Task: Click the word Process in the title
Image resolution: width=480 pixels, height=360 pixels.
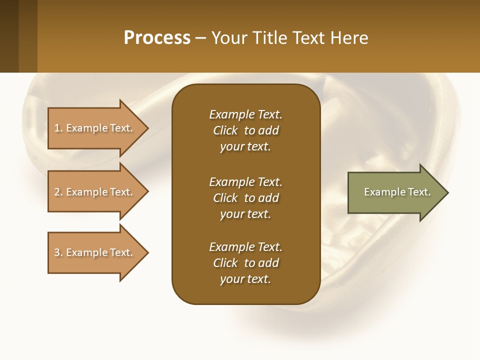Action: [157, 37]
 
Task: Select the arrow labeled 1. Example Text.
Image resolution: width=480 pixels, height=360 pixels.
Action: [94, 128]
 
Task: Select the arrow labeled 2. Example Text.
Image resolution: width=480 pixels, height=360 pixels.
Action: [94, 192]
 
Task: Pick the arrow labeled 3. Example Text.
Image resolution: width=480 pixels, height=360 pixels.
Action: [94, 252]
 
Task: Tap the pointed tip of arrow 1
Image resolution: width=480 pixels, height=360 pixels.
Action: [146, 128]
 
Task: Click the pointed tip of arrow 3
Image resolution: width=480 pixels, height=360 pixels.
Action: [146, 252]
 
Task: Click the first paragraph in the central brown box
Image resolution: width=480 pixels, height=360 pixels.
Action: [245, 130]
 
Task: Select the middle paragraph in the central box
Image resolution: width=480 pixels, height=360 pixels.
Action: [245, 198]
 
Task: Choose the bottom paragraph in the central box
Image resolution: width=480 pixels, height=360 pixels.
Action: [245, 263]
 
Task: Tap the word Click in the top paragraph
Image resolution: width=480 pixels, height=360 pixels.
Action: [225, 130]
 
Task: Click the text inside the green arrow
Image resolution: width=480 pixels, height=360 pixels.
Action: [397, 192]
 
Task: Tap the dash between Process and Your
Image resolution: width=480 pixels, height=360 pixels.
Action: [200, 38]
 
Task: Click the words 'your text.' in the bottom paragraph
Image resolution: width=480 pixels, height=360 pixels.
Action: [245, 279]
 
